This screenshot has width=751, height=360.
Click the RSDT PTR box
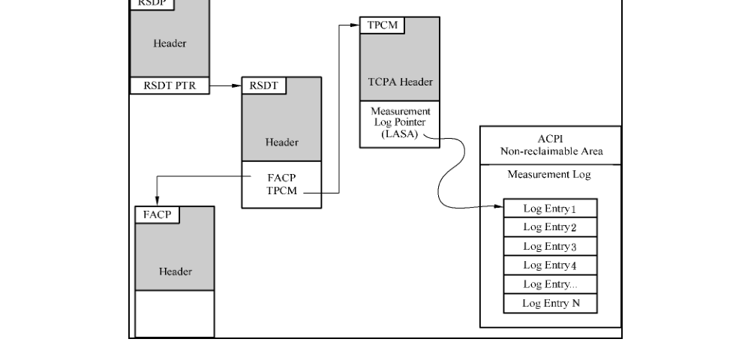170,85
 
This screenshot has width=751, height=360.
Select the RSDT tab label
264,85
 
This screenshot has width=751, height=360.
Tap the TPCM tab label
382,25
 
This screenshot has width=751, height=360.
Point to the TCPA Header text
401,82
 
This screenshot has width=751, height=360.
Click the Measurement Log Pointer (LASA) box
400,124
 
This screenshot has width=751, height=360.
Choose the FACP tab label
157,215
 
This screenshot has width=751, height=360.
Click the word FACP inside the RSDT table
281,178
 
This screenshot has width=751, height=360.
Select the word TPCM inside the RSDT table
281,191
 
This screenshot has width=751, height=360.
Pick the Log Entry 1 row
551,208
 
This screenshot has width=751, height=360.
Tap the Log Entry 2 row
551,227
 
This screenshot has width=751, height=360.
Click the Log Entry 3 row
551,247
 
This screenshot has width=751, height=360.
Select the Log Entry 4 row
551,265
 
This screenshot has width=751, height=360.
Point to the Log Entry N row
551,304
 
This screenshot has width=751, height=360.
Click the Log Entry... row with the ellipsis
551,284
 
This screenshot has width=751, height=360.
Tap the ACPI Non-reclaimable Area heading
551,145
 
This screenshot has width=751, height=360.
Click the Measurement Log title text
549,174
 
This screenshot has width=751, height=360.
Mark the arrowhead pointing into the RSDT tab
236,85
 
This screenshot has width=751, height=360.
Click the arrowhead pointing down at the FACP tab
157,202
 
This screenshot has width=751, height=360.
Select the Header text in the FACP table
176,271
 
